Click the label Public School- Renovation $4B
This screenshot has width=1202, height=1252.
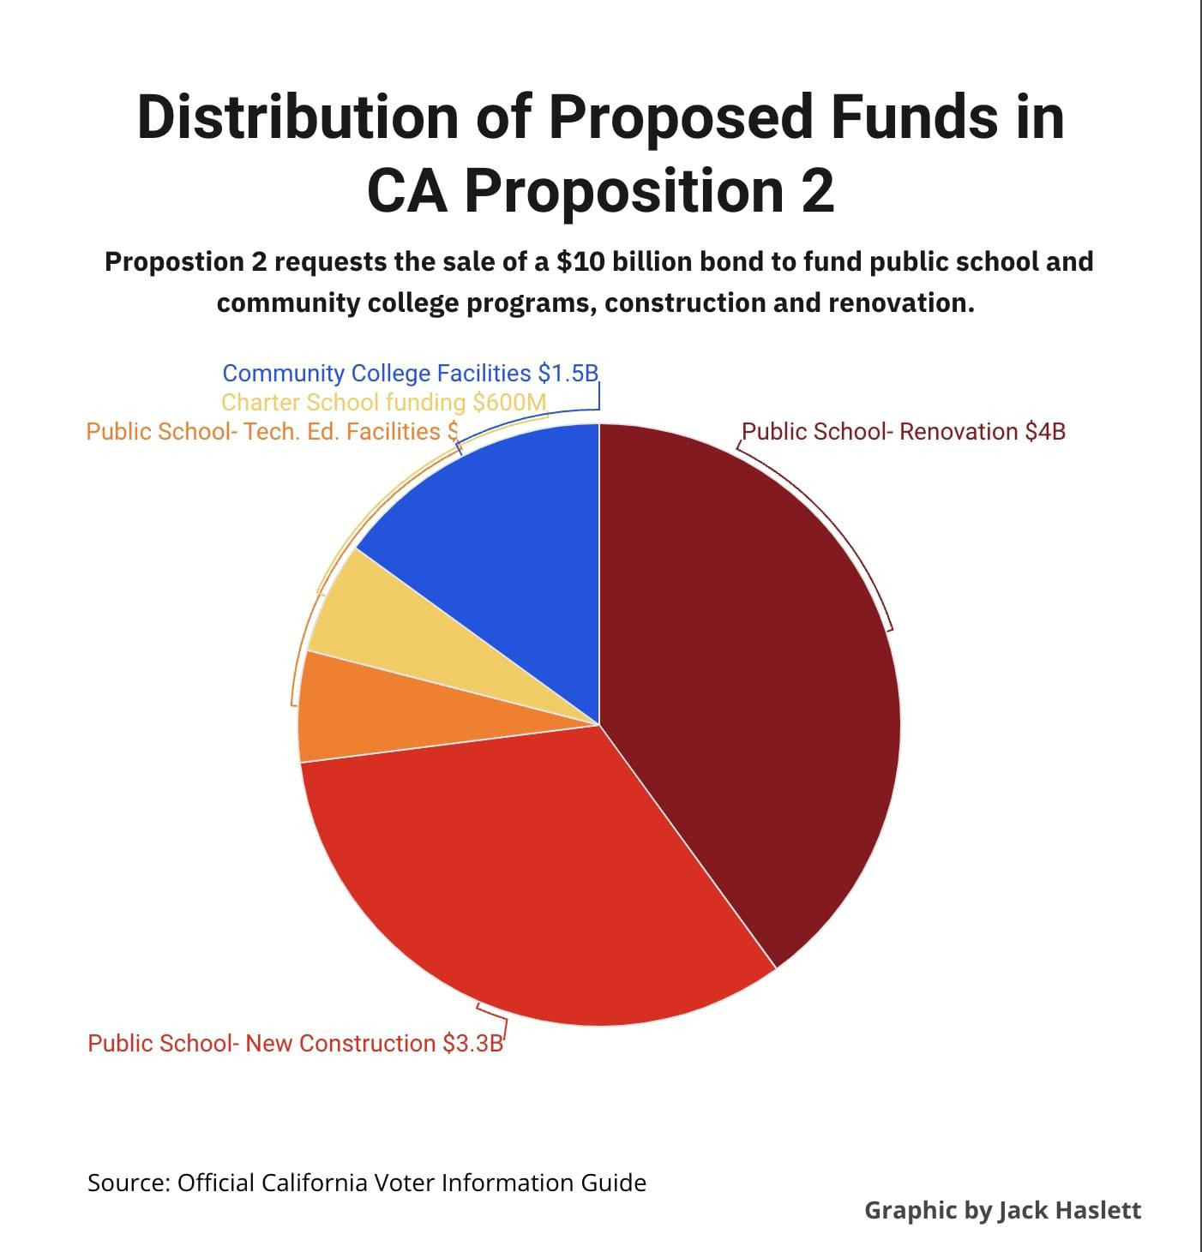coord(904,432)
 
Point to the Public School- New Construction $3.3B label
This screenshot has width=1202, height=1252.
coord(295,1044)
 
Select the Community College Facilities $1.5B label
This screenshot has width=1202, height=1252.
coord(410,373)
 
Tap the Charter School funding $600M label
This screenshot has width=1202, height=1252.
coord(384,402)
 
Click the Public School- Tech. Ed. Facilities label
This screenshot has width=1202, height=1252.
coord(273,432)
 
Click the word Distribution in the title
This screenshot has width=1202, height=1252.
coord(297,117)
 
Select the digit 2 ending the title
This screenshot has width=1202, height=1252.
coord(818,191)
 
